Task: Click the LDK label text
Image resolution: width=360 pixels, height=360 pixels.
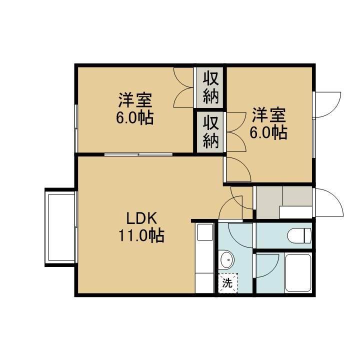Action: click(142, 218)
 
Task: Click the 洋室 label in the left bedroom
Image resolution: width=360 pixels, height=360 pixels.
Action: click(135, 100)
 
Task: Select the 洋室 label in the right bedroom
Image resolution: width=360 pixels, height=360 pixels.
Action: click(269, 115)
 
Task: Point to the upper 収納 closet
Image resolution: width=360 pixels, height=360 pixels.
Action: click(210, 87)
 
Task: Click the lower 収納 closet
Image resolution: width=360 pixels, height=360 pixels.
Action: click(210, 132)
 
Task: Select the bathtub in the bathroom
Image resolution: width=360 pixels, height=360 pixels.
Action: click(298, 273)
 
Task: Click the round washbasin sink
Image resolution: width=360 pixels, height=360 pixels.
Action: click(226, 260)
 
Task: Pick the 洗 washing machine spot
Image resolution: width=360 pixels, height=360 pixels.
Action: click(228, 283)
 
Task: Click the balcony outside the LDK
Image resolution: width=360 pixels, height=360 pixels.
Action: click(60, 227)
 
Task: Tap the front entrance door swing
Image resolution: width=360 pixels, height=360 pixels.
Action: click(329, 202)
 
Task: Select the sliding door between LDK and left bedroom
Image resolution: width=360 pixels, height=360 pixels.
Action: click(138, 154)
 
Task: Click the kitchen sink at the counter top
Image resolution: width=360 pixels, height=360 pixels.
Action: click(205, 232)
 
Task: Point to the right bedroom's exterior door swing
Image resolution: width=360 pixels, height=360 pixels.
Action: click(328, 104)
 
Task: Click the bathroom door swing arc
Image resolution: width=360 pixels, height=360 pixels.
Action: click(267, 265)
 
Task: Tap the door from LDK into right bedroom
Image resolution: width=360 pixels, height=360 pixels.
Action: click(238, 169)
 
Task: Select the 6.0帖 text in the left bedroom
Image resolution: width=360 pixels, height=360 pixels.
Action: click(135, 118)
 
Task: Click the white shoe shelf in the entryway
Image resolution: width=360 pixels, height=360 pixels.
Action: click(295, 212)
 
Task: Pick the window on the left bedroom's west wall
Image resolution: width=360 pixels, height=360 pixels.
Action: click(76, 128)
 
